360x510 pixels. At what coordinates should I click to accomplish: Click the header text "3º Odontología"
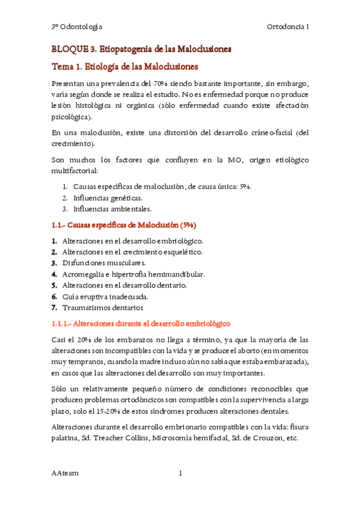point(76,27)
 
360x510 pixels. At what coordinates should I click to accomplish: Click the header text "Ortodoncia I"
point(287,27)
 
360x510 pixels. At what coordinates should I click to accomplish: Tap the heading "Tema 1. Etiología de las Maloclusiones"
point(124,66)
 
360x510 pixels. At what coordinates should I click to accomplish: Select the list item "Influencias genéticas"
point(108,198)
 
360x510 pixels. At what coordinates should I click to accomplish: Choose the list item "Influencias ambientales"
point(112,209)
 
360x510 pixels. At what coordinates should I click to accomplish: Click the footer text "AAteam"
point(65,473)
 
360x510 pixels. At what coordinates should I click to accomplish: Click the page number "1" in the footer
point(180,473)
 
